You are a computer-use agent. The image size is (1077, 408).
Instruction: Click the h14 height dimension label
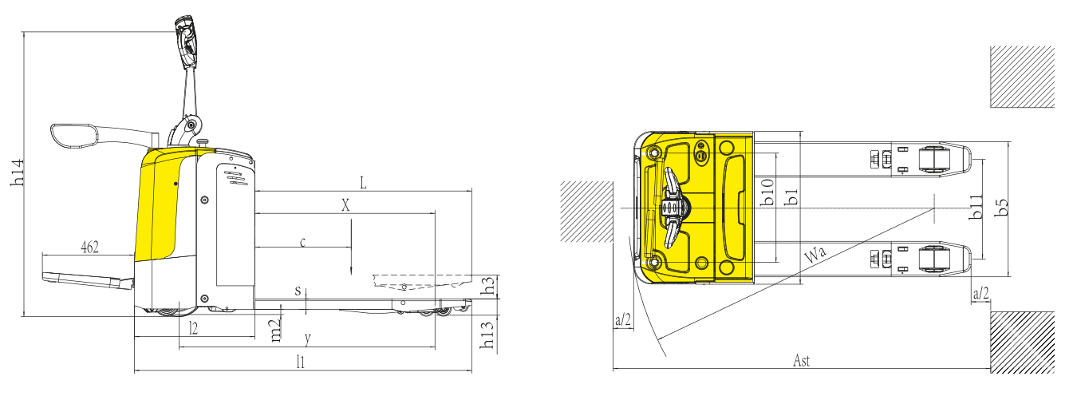pos(18,172)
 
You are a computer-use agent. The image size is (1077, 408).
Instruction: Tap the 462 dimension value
pos(90,248)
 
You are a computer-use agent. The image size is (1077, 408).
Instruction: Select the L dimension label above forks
pos(364,183)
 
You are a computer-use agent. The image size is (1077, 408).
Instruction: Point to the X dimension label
pos(345,205)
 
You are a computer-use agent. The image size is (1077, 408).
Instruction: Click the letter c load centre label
pos(303,242)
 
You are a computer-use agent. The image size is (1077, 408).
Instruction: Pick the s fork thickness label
pos(298,291)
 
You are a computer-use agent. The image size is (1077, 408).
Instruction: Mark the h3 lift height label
pos(488,285)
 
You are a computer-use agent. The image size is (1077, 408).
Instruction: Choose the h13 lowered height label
pos(487,335)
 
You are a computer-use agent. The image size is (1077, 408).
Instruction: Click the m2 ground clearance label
pos(275,331)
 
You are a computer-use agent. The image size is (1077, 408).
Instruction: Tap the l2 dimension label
pos(193,328)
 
